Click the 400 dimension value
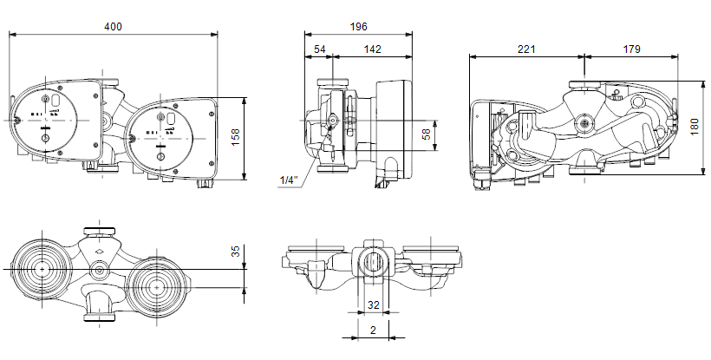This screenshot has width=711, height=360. click(x=113, y=27)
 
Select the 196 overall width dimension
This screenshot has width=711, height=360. click(x=358, y=27)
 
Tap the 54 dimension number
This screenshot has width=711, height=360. click(x=320, y=49)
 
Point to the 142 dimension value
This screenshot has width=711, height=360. click(x=373, y=49)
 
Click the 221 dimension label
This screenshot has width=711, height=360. click(x=526, y=49)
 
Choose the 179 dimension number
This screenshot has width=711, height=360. click(x=631, y=49)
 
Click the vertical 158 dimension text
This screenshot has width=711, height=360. click(x=235, y=137)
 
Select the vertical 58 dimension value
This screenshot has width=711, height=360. click(x=427, y=134)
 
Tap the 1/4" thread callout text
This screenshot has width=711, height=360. click(x=289, y=180)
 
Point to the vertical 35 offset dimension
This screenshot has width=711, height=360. click(x=236, y=252)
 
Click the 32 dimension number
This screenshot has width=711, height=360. click(x=373, y=305)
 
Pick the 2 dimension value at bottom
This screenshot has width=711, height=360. click(x=373, y=331)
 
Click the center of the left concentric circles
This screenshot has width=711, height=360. click(x=42, y=269)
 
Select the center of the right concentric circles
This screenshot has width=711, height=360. click(x=156, y=287)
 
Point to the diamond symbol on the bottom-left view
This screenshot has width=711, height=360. click(x=100, y=250)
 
